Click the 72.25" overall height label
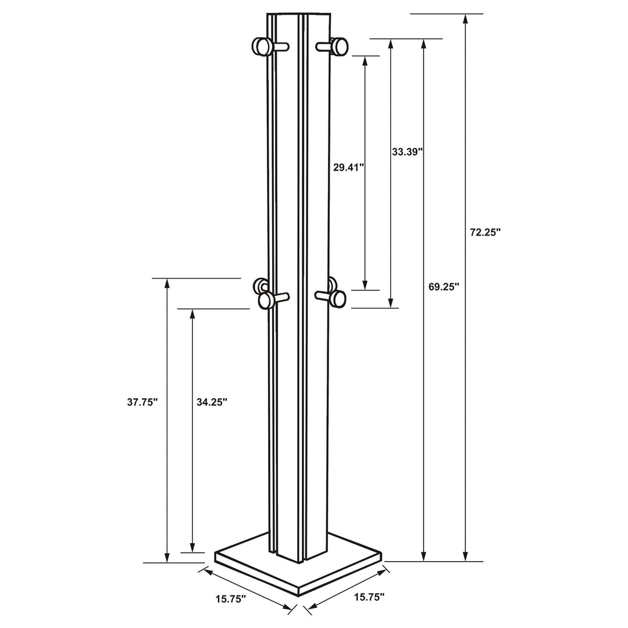[x=486, y=232]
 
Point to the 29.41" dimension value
[x=348, y=167]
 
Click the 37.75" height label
[x=142, y=402]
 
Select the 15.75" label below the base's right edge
[x=369, y=597]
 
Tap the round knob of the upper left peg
[x=262, y=47]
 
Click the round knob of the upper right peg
[x=339, y=46]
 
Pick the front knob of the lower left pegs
[x=267, y=301]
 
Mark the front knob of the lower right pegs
[x=337, y=299]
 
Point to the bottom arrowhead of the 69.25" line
[x=424, y=556]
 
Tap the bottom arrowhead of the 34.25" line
[x=192, y=547]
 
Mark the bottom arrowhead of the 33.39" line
[x=391, y=302]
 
